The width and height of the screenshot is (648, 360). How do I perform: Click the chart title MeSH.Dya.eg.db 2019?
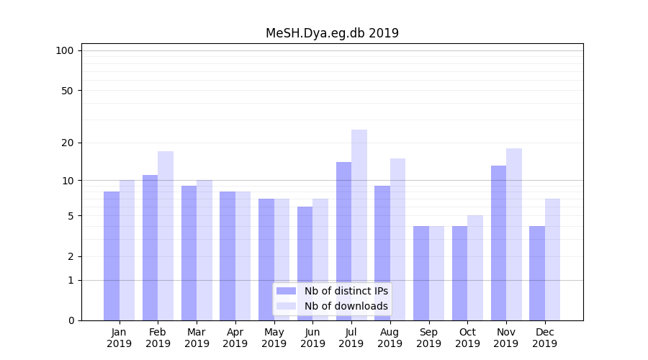332,33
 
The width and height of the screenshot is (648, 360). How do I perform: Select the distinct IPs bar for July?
343,241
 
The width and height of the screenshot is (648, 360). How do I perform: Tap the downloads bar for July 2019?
359,225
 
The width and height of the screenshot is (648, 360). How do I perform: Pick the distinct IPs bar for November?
498,243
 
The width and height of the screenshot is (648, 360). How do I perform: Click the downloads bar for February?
166,235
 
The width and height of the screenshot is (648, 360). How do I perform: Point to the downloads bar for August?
398,239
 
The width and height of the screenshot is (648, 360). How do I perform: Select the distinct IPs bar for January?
112,256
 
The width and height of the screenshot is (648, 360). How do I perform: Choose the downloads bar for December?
552,259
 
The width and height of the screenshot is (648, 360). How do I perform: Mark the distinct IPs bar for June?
305,264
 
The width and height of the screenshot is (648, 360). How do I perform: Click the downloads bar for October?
475,268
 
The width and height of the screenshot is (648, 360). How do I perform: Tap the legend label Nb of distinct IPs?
346,291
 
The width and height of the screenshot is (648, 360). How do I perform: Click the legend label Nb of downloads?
346,306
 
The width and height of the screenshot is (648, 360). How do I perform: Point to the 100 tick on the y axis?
65,50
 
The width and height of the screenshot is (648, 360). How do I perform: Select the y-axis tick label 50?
68,91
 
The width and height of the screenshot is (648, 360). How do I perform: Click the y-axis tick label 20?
68,143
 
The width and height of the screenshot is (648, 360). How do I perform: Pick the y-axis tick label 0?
71,320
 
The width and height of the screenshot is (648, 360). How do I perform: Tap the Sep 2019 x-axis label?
428,338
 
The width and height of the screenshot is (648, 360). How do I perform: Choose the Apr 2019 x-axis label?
235,338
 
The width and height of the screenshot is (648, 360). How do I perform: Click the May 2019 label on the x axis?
274,338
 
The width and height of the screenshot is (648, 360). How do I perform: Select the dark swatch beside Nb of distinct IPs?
286,291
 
